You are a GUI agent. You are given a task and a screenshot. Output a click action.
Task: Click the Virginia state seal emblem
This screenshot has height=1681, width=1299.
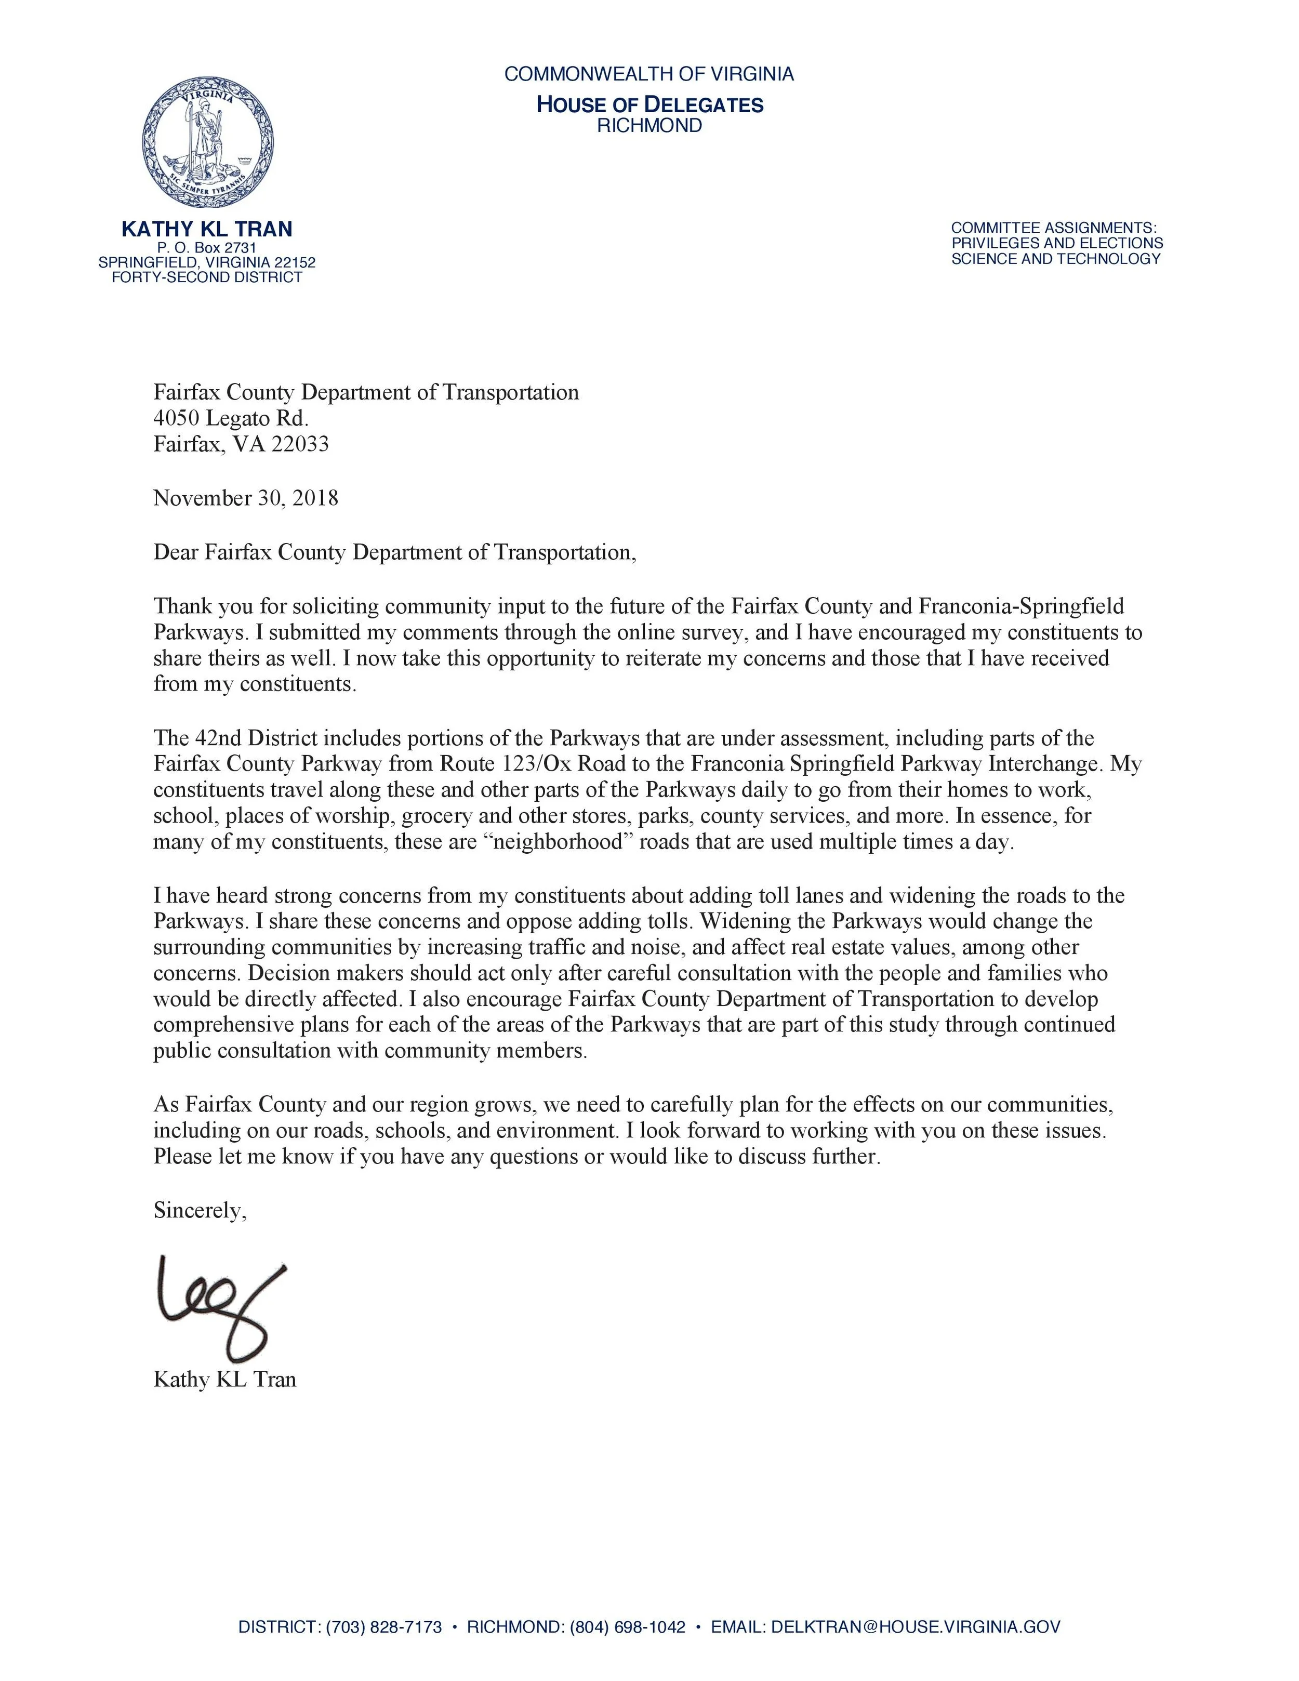[x=208, y=142]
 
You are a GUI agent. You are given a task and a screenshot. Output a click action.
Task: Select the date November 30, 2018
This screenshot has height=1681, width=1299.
[x=245, y=498]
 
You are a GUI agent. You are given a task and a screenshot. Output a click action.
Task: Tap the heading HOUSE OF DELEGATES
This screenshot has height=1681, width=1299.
[x=649, y=104]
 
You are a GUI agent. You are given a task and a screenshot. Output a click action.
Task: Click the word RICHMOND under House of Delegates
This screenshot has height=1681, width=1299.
[x=649, y=125]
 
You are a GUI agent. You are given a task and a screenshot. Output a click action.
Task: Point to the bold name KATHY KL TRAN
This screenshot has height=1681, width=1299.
[x=207, y=229]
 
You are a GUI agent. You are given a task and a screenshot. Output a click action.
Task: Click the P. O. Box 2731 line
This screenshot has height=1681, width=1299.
[x=206, y=248]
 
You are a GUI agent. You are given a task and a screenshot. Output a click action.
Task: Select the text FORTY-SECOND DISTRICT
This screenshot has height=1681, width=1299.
[x=207, y=277]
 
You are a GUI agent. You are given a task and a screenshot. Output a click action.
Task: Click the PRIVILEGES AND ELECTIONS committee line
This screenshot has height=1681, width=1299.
[x=1056, y=243]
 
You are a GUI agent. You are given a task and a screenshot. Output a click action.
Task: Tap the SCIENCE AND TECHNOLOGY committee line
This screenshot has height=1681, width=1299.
[x=1056, y=259]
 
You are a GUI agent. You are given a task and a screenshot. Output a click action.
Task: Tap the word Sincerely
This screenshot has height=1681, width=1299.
[x=200, y=1211]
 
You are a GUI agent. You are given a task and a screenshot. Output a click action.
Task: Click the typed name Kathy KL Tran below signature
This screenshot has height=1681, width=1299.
[x=224, y=1379]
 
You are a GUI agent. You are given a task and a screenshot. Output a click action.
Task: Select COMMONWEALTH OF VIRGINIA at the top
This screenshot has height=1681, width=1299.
[x=649, y=74]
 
